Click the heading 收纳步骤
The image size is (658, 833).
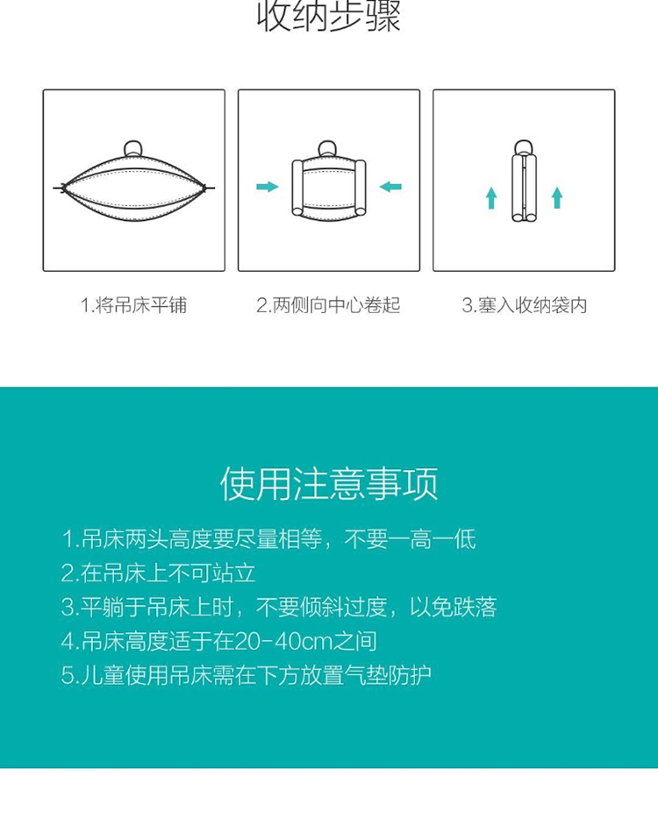coord(328,16)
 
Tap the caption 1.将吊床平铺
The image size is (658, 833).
coord(134,305)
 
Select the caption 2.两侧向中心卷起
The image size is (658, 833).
coord(328,305)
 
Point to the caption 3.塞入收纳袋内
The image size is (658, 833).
coord(524,305)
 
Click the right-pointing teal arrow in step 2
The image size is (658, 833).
coord(268,187)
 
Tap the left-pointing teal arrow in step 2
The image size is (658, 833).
coord(390,187)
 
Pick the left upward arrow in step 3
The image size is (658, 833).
coord(491,197)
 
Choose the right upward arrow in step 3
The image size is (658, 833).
coord(557,197)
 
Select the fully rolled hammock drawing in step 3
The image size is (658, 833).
coord(524,181)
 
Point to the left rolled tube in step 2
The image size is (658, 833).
coord(297,188)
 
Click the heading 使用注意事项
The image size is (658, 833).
coord(329,483)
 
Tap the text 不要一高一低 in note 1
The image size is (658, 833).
coord(410,539)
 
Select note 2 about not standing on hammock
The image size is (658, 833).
coord(158,573)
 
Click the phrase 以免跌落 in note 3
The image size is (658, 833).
coord(453,608)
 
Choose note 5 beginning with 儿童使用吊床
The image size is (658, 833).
coord(246,675)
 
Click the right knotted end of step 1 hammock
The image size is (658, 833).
coord(205,187)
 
